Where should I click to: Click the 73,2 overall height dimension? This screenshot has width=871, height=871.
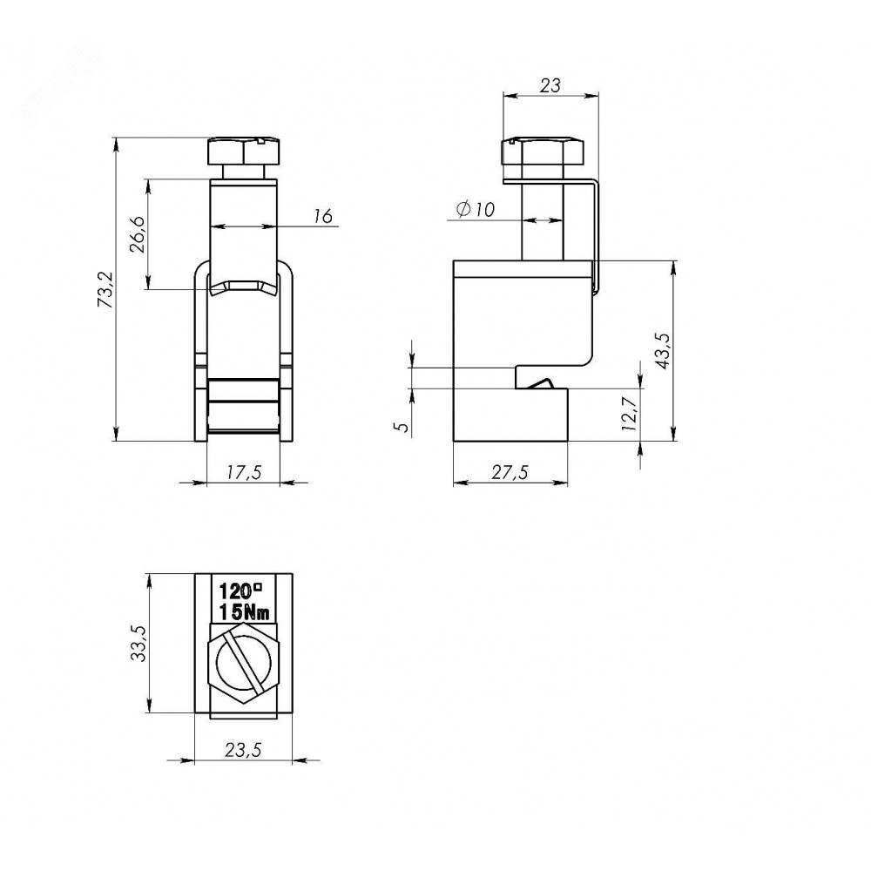pos(105,289)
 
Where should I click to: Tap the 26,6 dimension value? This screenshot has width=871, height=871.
pos(138,233)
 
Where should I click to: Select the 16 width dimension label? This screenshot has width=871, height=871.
pos(323,215)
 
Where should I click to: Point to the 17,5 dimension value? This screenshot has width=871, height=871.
pos(244,472)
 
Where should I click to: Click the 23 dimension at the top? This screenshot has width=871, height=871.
pos(550,85)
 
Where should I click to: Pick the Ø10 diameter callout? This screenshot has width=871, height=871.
pos(476,209)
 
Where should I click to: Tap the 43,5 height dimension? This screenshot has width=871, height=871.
pos(664,351)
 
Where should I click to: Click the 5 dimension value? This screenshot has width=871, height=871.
pos(402,427)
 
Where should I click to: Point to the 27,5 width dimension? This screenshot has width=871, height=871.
pos(510,472)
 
